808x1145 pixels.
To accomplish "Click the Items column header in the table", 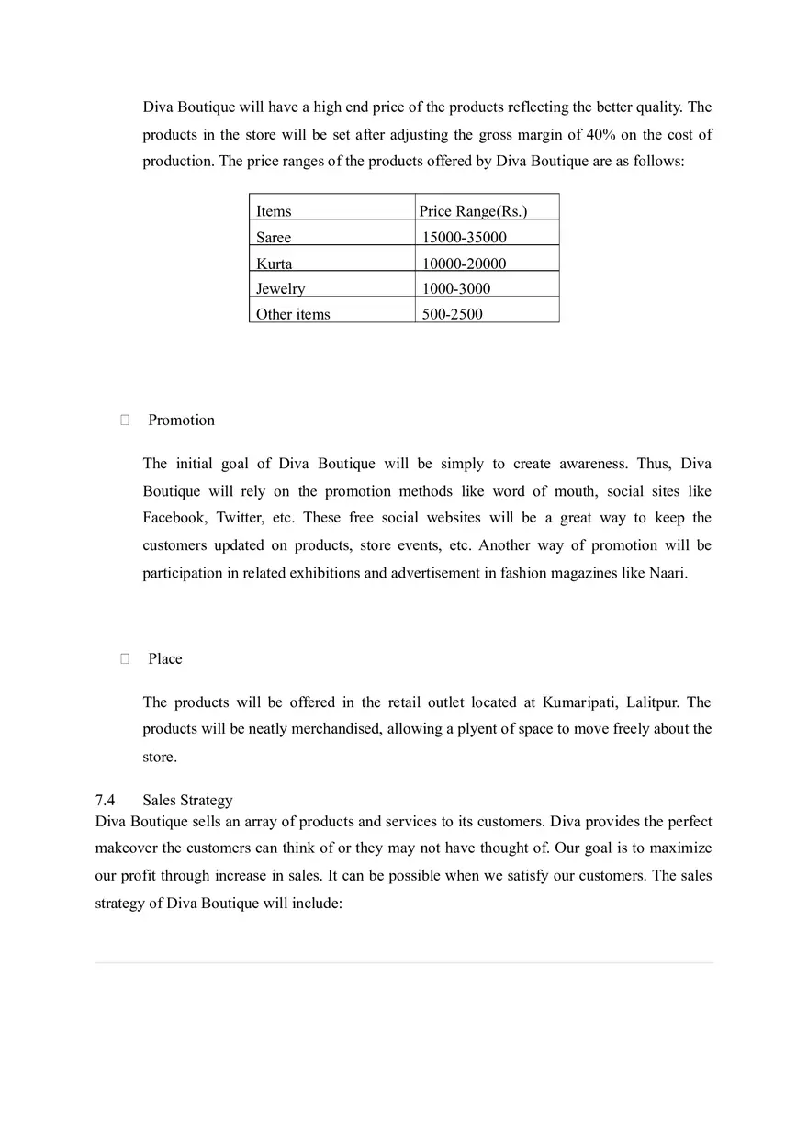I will [274, 211].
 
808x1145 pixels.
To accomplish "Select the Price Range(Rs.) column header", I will [473, 211].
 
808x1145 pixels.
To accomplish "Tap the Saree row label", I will [274, 237].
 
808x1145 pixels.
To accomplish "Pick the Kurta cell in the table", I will [275, 264].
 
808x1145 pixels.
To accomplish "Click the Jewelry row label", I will [280, 288].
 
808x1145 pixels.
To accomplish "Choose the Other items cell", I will [293, 314].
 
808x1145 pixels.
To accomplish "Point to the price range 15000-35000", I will [464, 237].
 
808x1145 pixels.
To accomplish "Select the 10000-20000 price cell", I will [464, 264].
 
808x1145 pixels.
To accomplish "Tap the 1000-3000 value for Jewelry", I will [456, 288].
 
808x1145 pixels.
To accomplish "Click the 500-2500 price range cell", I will [452, 314].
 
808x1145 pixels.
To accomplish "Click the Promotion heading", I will [181, 420].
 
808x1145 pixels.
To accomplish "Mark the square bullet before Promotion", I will [125, 420].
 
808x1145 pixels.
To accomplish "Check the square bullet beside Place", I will [125, 658].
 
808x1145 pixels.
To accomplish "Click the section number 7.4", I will [105, 800].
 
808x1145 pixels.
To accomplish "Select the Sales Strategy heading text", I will [187, 800].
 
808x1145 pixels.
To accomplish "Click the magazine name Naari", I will [668, 573].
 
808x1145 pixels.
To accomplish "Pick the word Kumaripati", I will [580, 702].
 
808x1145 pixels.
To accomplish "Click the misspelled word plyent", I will [478, 729].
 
